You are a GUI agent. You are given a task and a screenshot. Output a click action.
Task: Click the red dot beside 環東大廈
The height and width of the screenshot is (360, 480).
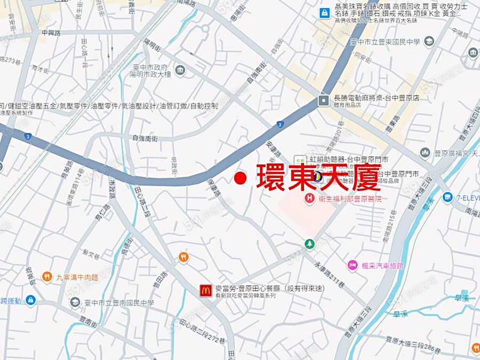pos(241,178)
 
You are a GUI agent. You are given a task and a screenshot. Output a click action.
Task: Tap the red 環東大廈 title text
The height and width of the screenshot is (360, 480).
pos(318,177)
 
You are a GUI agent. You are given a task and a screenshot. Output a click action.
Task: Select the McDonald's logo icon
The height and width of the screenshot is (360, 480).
pos(206,291)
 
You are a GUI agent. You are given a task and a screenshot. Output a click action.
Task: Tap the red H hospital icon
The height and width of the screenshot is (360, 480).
pos(309,198)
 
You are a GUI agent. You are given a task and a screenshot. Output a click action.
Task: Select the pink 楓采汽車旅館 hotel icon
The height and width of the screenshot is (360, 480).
pos(353,265)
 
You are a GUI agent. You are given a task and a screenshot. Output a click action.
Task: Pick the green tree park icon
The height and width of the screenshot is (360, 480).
pos(309,244)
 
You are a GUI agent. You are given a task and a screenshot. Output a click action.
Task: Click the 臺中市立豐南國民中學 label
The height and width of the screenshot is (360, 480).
pos(119,303)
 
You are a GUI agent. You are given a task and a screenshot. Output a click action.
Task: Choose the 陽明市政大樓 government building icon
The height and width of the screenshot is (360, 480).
pos(180,70)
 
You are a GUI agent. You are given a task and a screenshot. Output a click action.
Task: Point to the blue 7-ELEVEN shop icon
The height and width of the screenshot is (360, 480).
pos(447,197)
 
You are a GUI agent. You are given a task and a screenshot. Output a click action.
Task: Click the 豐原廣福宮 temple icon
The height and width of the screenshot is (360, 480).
pos(425,154)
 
